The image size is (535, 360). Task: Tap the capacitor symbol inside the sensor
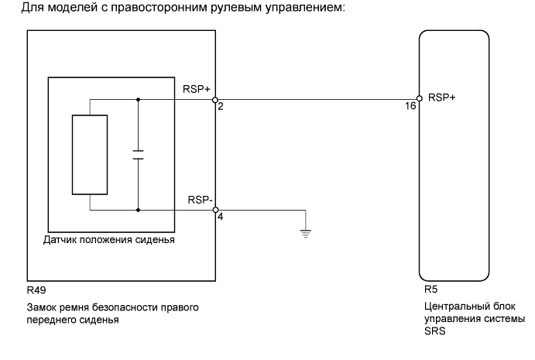pyautogui.click(x=139, y=155)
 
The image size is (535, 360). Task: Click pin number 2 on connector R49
pyautogui.click(x=221, y=108)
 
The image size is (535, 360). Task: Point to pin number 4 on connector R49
pyautogui.click(x=221, y=218)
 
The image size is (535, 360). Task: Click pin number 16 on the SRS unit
pyautogui.click(x=411, y=108)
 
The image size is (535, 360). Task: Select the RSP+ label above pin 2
pyautogui.click(x=197, y=90)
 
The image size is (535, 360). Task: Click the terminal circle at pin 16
pyautogui.click(x=419, y=99)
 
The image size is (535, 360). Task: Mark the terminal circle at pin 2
pyautogui.click(x=215, y=99)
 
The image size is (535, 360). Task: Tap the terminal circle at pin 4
pyautogui.click(x=215, y=209)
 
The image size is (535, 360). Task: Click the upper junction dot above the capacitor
pyautogui.click(x=139, y=99)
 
